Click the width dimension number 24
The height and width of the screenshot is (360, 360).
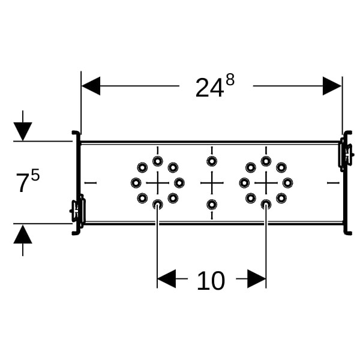point(208,89)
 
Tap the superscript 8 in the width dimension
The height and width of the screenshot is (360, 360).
point(229,80)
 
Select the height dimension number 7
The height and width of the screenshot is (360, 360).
point(22,184)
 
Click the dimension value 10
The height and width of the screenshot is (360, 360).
point(211,281)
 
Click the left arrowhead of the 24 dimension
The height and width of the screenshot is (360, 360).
point(91,86)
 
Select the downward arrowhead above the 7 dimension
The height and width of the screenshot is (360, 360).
point(23,131)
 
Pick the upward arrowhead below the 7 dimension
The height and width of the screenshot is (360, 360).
point(23,233)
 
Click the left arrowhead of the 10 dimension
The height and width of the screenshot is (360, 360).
point(166,278)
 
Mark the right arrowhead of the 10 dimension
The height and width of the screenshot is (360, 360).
point(257,278)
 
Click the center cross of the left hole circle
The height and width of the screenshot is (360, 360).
point(157,182)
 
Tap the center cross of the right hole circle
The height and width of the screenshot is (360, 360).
point(266,182)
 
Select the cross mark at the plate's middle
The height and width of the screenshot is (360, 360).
point(212,182)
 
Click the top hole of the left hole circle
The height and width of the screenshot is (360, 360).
point(157,161)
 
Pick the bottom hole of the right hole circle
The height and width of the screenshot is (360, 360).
point(266,205)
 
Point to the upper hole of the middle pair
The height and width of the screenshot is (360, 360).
point(212,161)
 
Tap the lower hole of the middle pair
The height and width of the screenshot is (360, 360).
point(212,205)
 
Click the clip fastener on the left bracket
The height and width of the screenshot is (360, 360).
point(78,210)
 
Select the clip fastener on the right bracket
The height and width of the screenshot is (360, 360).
point(345,154)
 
